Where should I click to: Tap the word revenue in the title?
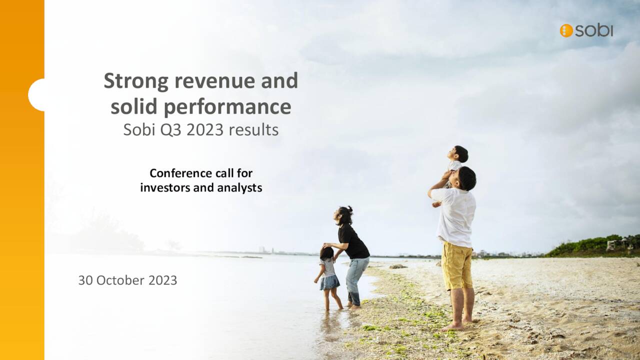[x=203, y=81]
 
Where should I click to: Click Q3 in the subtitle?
[x=175, y=130]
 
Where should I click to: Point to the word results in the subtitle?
[x=253, y=130]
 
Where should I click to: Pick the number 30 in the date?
[x=85, y=280]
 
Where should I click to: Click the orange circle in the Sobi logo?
[x=566, y=30]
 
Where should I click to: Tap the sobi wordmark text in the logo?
[x=593, y=30]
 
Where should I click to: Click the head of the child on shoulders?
[x=460, y=153]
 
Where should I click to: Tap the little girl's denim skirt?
[x=329, y=282]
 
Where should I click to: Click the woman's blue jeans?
[x=357, y=278]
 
